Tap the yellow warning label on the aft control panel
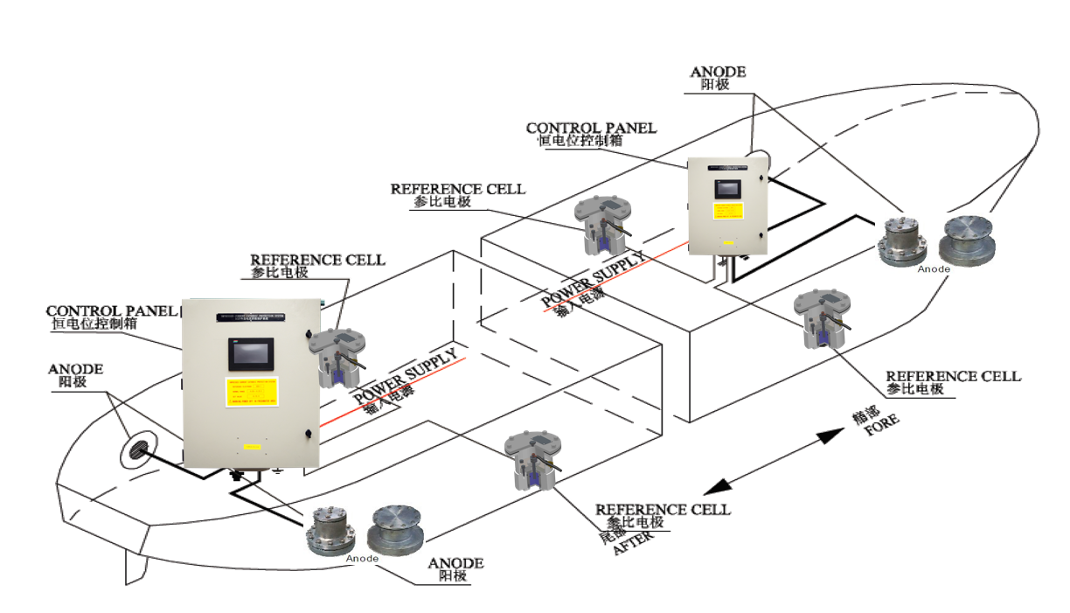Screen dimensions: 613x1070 click(x=252, y=393)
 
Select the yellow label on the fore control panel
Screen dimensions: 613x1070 click(x=727, y=212)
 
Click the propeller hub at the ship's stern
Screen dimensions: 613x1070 click(x=141, y=448)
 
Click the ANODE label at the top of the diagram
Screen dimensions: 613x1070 click(x=718, y=73)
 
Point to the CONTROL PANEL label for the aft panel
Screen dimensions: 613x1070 click(x=112, y=311)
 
